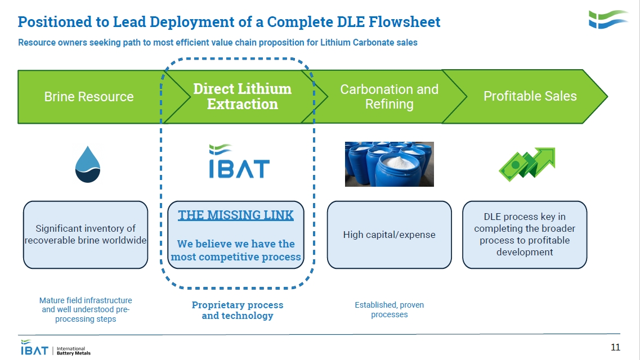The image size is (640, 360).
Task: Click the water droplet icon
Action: click(x=88, y=164)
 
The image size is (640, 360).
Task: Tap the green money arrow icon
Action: click(x=527, y=164)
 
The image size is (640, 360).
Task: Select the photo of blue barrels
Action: click(x=390, y=164)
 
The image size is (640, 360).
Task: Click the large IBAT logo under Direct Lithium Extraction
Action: click(x=239, y=161)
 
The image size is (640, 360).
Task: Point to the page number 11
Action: click(x=615, y=347)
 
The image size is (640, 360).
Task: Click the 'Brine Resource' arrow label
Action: click(x=89, y=97)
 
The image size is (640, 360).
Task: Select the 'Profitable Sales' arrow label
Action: click(x=530, y=96)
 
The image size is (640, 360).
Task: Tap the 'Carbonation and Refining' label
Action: click(x=390, y=97)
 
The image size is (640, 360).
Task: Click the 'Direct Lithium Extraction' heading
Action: click(x=243, y=96)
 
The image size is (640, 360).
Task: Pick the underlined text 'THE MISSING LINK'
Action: click(x=235, y=215)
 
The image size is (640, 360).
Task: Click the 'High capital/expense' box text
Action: click(x=390, y=235)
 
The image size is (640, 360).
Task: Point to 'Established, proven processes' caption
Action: click(x=390, y=309)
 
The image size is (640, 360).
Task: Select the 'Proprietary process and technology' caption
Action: click(x=238, y=310)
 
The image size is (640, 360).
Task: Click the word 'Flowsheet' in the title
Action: click(x=405, y=21)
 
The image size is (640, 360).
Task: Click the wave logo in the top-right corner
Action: click(x=608, y=19)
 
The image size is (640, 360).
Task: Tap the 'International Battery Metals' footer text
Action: click(x=74, y=350)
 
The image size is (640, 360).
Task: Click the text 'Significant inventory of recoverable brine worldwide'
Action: click(x=86, y=235)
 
